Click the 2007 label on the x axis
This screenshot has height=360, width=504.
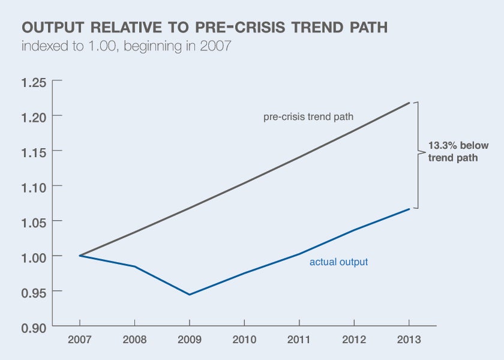click(x=79, y=339)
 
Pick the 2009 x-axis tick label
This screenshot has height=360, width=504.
click(x=190, y=339)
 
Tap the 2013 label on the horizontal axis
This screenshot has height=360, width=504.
click(x=409, y=339)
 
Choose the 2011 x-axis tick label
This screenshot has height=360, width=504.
click(x=299, y=339)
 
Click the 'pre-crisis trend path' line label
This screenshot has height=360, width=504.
click(x=308, y=117)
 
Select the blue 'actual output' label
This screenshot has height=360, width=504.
click(x=338, y=262)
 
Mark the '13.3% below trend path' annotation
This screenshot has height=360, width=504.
click(x=458, y=152)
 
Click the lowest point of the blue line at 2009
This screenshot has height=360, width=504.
click(x=190, y=295)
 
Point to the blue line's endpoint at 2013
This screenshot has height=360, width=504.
click(x=409, y=209)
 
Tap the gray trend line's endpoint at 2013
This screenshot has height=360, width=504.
click(x=409, y=103)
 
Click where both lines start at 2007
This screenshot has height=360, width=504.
click(x=80, y=256)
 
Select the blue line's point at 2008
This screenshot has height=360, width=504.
click(x=134, y=266)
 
